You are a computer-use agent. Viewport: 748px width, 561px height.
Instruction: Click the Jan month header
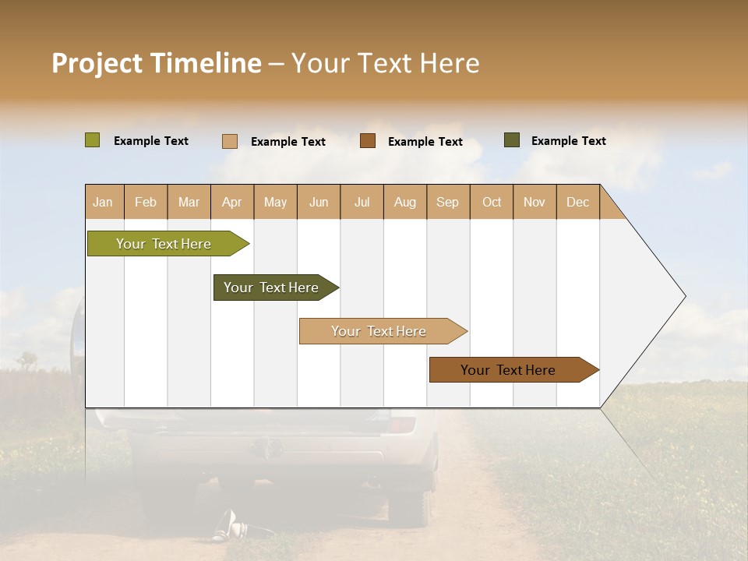click(103, 202)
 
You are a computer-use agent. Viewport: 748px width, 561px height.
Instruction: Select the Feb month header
click(146, 202)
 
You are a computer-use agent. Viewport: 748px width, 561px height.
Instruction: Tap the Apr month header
click(231, 202)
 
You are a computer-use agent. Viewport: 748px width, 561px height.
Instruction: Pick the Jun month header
click(319, 202)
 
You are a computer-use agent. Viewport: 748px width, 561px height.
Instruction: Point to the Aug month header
click(404, 202)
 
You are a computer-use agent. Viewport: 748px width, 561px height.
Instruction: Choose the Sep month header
click(447, 202)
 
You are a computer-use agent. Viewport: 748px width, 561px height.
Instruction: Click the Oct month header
click(492, 202)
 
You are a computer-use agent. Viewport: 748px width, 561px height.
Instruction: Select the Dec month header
click(577, 202)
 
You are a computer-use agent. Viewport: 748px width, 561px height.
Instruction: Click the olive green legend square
click(92, 140)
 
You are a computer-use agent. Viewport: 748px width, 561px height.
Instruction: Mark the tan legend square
click(230, 141)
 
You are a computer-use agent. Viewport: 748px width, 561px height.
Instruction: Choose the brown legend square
click(368, 141)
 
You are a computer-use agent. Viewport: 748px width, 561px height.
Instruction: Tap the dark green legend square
click(512, 140)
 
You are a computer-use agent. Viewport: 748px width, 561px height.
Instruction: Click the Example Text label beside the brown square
click(425, 142)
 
